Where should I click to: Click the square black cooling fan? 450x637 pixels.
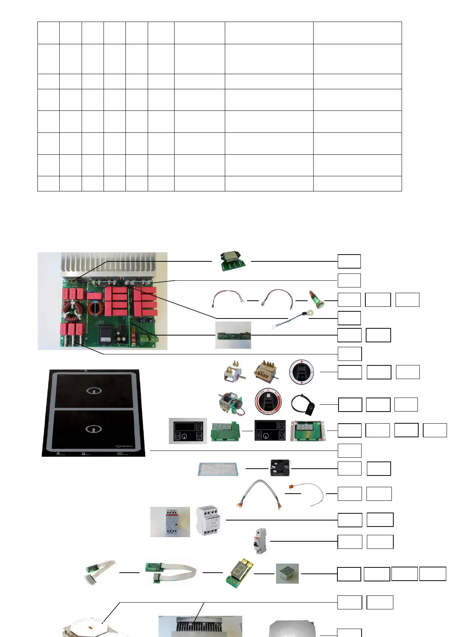[x=280, y=468]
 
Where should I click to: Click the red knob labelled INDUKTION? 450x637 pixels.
[x=268, y=401]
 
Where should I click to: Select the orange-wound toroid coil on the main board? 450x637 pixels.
[x=95, y=308]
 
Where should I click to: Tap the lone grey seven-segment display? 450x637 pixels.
[x=287, y=573]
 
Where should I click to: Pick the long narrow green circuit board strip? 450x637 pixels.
[x=233, y=335]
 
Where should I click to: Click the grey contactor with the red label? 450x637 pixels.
[x=170, y=522]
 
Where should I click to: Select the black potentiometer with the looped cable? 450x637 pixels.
[x=305, y=405]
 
